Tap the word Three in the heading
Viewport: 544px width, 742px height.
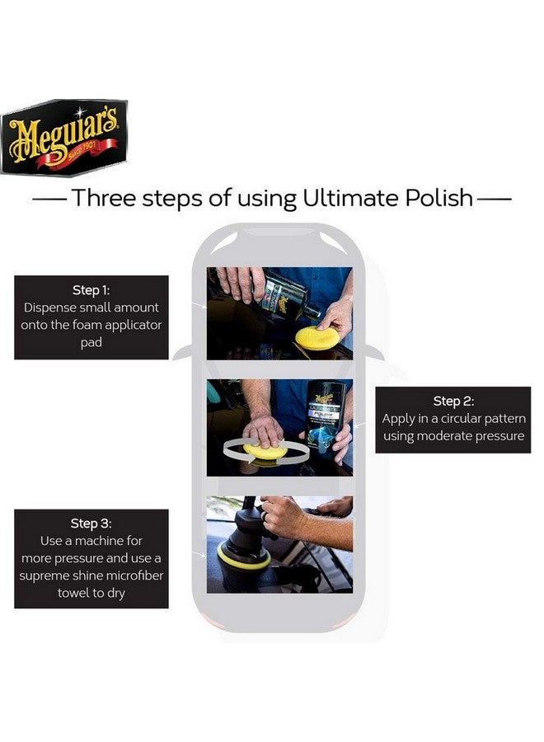pos(103,199)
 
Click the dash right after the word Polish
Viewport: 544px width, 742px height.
pos(495,200)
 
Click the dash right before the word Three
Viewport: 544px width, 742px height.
pos(49,200)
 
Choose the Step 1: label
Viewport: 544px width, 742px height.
pos(91,290)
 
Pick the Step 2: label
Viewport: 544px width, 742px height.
pos(453,402)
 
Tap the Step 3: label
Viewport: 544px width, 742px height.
pos(91,524)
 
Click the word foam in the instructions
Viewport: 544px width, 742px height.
pos(77,325)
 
